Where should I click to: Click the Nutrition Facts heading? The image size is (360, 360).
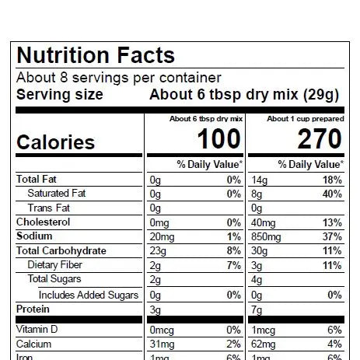96,56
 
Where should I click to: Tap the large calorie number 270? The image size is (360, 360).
319,140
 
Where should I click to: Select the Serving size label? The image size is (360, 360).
60,95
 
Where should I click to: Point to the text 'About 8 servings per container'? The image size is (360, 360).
119,78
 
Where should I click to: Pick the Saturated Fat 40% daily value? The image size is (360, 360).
331,194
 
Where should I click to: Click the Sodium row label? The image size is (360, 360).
36,236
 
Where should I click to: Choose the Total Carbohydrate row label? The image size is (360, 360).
61,251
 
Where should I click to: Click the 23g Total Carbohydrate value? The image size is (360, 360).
158,251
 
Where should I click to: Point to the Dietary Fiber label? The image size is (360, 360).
54,265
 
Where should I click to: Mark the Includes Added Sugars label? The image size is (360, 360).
89,295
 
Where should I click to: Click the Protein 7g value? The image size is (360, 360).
256,309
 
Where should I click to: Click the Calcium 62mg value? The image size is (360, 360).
263,344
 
